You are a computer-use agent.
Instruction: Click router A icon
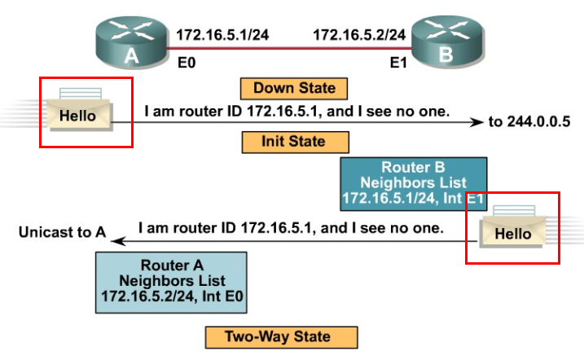131,43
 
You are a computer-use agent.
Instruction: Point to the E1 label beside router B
397,61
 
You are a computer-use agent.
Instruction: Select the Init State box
295,142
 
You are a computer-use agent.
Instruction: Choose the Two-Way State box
279,336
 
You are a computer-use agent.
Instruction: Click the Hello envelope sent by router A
78,114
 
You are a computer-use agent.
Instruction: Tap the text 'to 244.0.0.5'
529,122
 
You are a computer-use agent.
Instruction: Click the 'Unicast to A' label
63,233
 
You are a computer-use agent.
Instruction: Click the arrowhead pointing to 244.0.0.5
477,122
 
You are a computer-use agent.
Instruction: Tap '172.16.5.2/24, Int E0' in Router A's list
171,294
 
